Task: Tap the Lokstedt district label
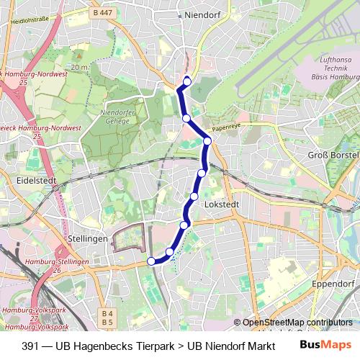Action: pos(221,204)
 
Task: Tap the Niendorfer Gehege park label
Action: pos(116,117)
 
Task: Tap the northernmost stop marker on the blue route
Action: pos(187,81)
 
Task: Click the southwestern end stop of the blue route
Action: pos(151,261)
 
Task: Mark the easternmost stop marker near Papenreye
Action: pos(207,141)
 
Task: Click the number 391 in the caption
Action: pos(30,346)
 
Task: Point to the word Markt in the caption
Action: pos(251,346)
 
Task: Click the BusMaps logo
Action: pos(323,345)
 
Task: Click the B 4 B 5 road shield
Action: pos(107,318)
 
